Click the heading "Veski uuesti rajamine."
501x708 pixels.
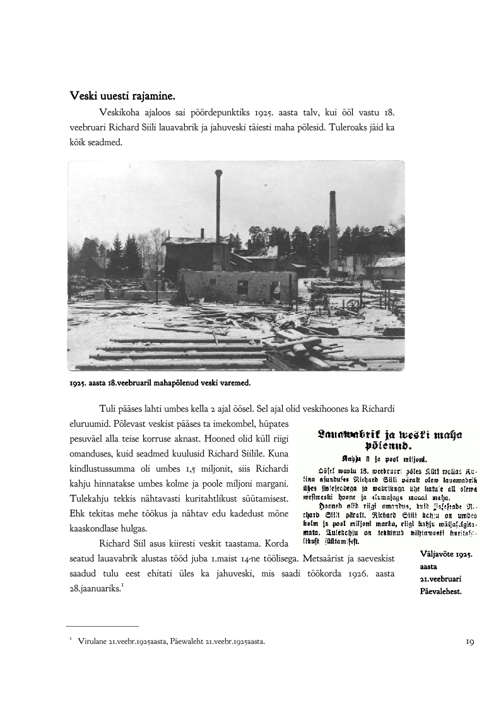click(x=122, y=96)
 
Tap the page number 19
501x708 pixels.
click(x=469, y=642)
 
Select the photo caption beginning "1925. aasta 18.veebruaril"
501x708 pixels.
click(x=160, y=382)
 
